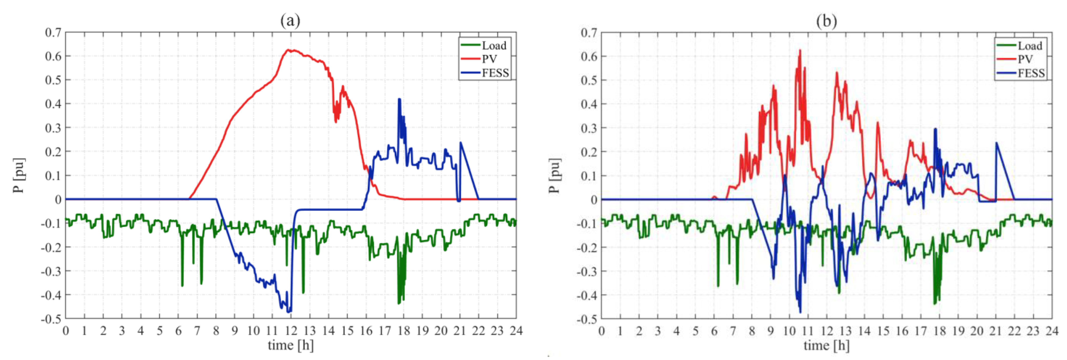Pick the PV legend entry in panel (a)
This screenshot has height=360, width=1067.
pyautogui.click(x=489, y=59)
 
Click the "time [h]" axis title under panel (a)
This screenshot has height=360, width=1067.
pyautogui.click(x=290, y=345)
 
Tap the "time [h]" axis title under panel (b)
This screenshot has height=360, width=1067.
pyautogui.click(x=826, y=345)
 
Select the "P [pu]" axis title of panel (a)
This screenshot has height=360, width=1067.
pyautogui.click(x=19, y=175)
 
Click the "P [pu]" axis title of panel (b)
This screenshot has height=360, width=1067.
pyautogui.click(x=555, y=175)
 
